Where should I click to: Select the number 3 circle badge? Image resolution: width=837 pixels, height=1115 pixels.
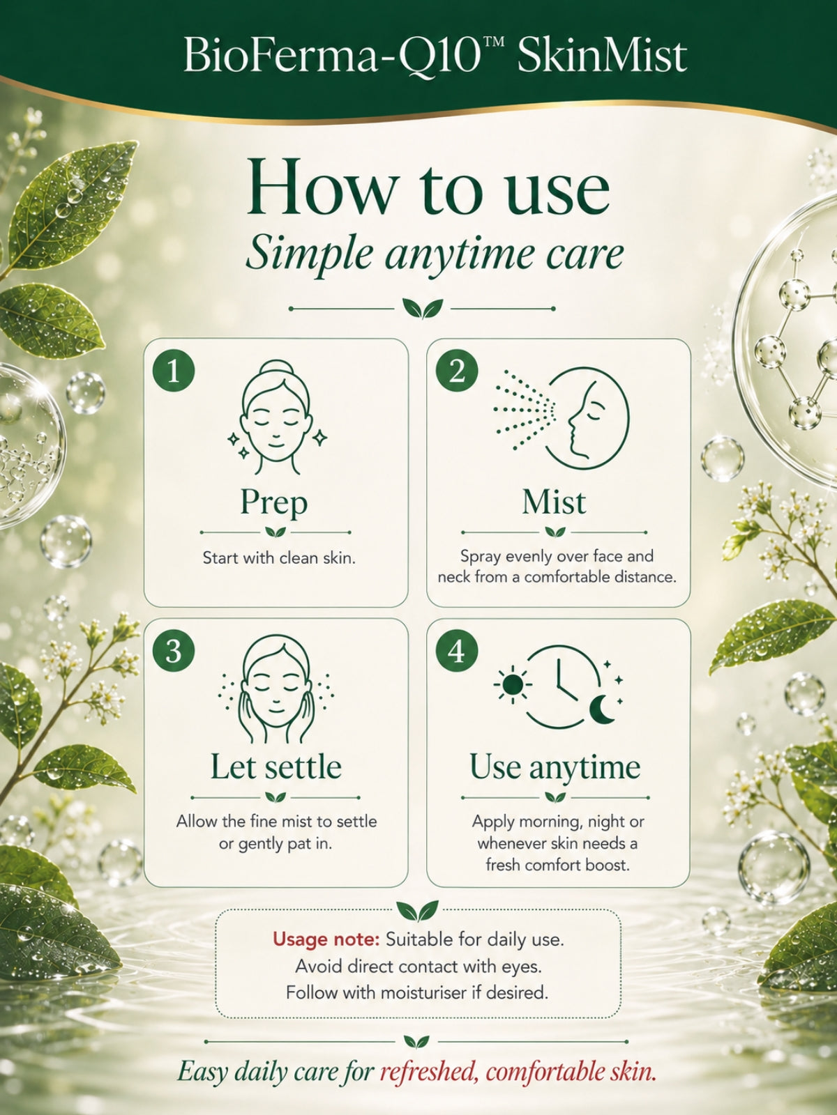173,651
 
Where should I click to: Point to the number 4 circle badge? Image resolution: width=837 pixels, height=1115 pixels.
457,651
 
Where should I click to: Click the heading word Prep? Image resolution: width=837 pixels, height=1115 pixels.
274,503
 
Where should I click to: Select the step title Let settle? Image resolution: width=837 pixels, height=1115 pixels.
276,767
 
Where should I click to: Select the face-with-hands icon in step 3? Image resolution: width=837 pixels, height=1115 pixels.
276,689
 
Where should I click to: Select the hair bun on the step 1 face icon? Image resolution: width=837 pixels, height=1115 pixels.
274,370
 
